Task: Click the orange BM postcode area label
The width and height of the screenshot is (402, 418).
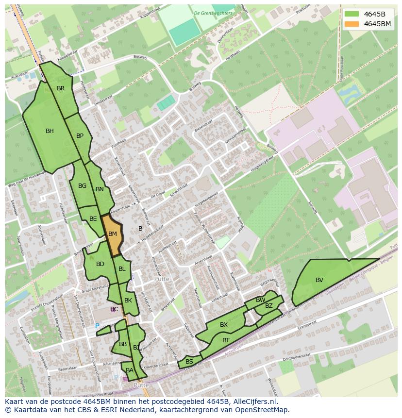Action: point(113,234)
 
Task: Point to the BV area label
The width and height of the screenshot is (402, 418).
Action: point(319,280)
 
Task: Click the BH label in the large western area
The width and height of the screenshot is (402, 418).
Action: point(50,131)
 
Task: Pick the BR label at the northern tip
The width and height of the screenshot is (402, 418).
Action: point(61,88)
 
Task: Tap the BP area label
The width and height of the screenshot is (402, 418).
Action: point(80,136)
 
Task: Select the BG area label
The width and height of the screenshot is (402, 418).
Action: point(82,186)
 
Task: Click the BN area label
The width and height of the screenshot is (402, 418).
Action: point(100,189)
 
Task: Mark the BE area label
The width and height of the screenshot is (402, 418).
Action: point(93,219)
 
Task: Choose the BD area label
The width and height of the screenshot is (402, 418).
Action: point(100,264)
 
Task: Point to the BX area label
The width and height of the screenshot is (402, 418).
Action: point(224,325)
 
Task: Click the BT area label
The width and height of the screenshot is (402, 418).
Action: point(226,340)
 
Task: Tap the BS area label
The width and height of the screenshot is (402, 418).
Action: point(189,362)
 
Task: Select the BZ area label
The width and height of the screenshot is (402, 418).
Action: point(269,306)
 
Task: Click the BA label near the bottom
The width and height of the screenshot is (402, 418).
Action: point(130,370)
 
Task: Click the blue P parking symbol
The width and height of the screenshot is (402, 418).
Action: point(97,326)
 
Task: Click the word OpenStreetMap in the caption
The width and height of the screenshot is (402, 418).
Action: point(264,410)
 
